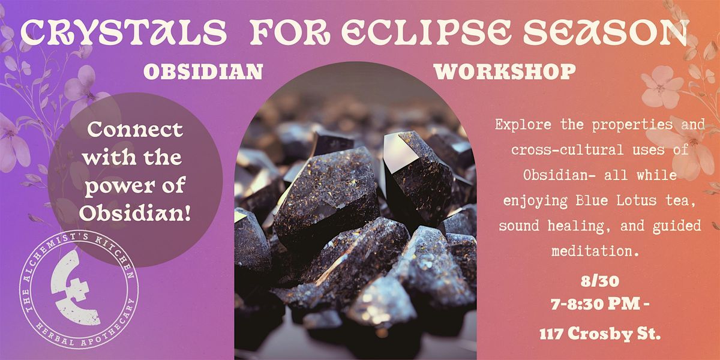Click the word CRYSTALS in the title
tap(124, 33)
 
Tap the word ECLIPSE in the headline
tap(426, 32)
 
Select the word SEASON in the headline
tap(606, 32)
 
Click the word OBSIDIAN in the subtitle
tap(203, 71)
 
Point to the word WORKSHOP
tap(505, 71)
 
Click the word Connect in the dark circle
tap(135, 129)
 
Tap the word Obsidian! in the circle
tap(135, 213)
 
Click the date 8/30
tap(600, 281)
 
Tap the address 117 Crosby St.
tap(600, 334)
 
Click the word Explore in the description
tap(523, 124)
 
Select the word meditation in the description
tap(595, 251)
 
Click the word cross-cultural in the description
tap(568, 150)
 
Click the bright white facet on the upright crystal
tap(401, 152)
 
